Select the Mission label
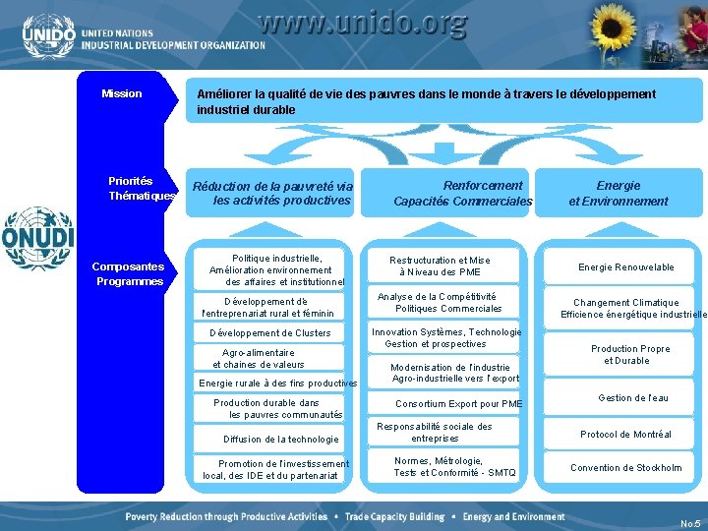click(122, 94)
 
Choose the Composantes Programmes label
click(129, 273)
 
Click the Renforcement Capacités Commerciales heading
click(463, 193)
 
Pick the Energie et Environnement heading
click(618, 193)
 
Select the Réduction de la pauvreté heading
click(273, 193)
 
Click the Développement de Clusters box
click(270, 333)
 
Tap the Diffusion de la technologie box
click(280, 440)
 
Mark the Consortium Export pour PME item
click(458, 404)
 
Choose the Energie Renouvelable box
click(625, 267)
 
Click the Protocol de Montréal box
click(625, 435)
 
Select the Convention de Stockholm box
click(625, 468)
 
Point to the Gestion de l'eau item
click(632, 398)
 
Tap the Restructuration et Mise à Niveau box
click(440, 265)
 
